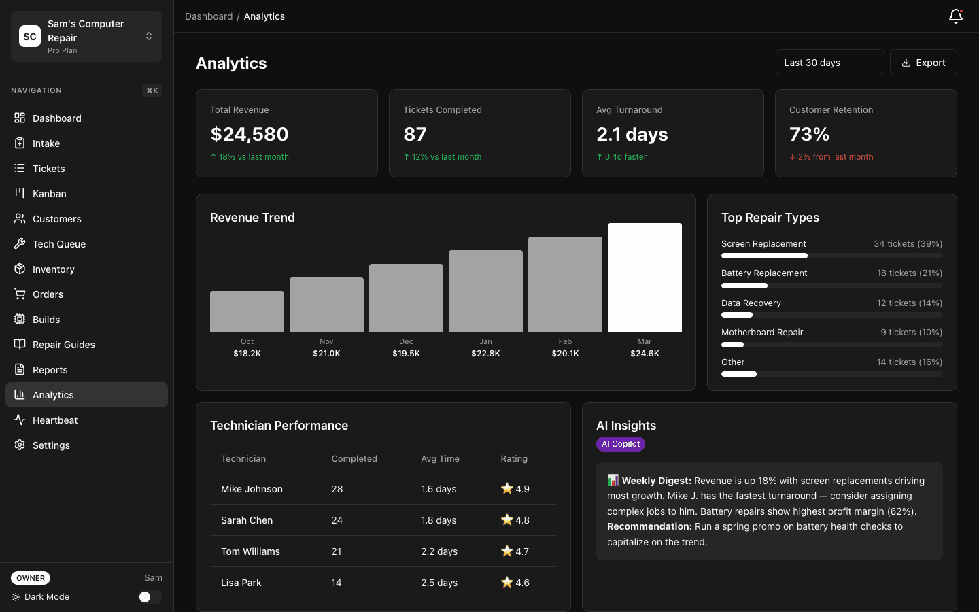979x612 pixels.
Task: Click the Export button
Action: tap(923, 63)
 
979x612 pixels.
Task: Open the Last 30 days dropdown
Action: tap(829, 63)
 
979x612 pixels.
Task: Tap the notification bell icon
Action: tap(955, 16)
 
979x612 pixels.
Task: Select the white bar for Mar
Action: tap(644, 277)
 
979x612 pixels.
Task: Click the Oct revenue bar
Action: tap(247, 311)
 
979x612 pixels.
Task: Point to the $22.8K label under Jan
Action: tap(485, 354)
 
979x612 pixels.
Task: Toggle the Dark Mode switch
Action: tap(150, 597)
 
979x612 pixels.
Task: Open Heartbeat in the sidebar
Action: tap(55, 420)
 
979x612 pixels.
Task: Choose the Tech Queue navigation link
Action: tap(59, 244)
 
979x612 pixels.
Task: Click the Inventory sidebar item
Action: tap(54, 269)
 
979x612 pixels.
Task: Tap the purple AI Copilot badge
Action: tap(620, 444)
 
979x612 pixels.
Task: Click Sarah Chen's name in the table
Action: tap(247, 520)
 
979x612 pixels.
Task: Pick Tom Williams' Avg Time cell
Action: tap(439, 551)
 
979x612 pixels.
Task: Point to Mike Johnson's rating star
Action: tap(506, 488)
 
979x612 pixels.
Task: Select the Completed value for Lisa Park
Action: tap(337, 583)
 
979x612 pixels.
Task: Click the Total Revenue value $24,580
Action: tap(250, 134)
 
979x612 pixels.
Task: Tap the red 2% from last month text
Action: tap(835, 157)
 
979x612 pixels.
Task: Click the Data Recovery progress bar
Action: tap(831, 315)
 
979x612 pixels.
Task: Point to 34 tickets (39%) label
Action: tap(908, 244)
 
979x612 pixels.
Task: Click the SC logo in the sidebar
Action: tap(30, 37)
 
